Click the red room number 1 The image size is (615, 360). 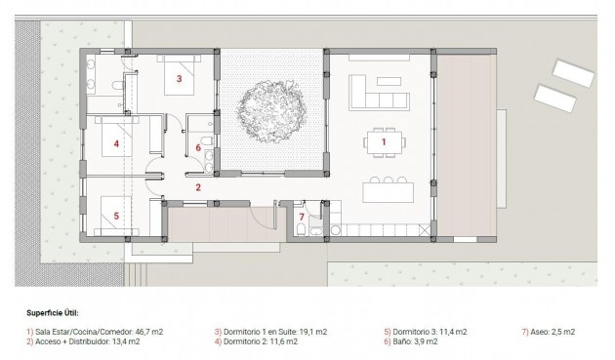click(x=383, y=142)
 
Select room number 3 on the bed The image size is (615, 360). click(x=179, y=77)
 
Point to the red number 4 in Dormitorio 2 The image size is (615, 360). click(x=116, y=144)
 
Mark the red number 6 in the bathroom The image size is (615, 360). click(x=198, y=148)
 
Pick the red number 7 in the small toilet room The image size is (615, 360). click(x=303, y=216)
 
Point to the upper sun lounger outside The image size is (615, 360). click(x=571, y=71)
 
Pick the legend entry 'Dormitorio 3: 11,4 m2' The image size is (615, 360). click(x=426, y=332)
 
